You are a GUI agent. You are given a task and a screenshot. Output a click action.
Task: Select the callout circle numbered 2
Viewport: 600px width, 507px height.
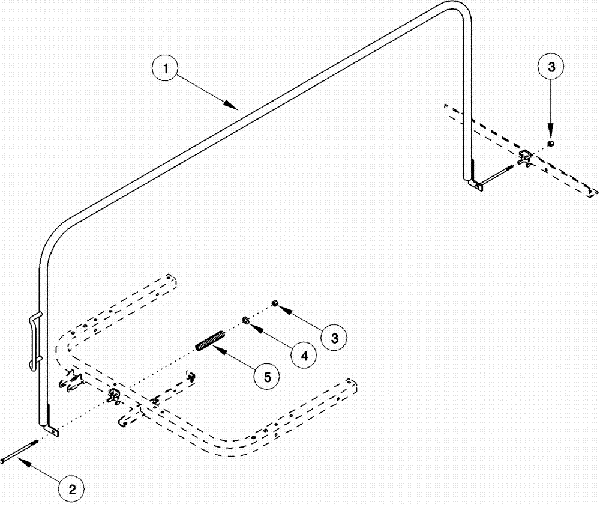point(71,490)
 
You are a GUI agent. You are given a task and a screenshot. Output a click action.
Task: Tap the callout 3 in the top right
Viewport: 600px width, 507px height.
point(551,68)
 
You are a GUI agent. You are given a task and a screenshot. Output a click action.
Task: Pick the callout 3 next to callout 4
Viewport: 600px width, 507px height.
point(334,338)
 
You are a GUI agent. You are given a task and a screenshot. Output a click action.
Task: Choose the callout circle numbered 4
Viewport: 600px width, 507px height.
point(304,355)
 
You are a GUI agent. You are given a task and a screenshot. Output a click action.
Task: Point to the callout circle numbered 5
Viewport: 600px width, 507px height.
point(266,377)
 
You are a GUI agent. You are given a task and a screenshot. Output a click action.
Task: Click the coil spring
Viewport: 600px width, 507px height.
point(209,340)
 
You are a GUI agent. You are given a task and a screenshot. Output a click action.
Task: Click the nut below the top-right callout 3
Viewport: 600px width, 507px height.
point(551,144)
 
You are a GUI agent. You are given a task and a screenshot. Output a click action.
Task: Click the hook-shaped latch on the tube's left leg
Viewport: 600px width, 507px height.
point(35,339)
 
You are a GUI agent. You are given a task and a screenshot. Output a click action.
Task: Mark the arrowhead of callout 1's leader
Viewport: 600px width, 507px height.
point(235,108)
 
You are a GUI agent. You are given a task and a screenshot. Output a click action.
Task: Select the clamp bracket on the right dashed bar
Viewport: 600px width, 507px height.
point(525,157)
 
